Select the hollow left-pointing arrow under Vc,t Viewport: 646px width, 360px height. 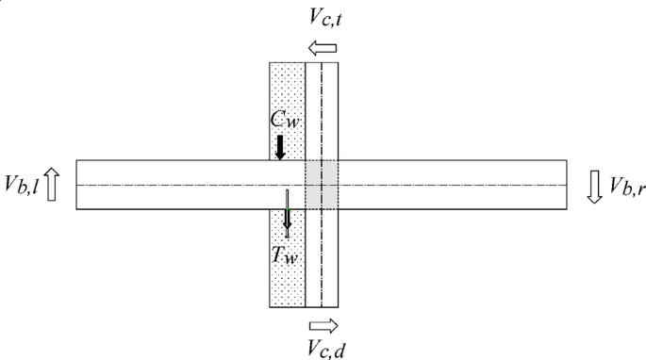coord(322,47)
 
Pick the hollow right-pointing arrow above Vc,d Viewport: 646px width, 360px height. coord(323,323)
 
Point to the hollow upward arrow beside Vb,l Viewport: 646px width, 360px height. coord(52,184)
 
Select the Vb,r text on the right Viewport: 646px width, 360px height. coord(626,185)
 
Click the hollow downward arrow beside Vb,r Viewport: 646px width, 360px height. coord(594,185)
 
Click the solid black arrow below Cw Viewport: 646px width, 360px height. coord(280,146)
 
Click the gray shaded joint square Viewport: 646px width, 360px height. coord(321,185)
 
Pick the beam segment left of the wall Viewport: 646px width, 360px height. coord(170,185)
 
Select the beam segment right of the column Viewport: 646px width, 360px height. coord(453,185)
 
